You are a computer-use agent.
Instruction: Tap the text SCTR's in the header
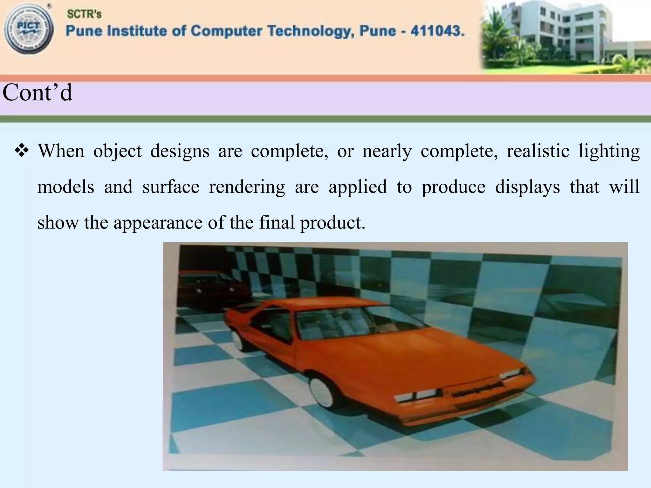[x=84, y=14]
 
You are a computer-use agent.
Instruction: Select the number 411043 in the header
[x=438, y=31]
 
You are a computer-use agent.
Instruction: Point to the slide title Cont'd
[x=38, y=92]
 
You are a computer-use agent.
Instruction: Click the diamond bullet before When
[x=22, y=151]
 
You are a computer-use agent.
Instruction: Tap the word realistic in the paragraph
[x=538, y=151]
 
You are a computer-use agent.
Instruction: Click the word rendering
[x=247, y=187]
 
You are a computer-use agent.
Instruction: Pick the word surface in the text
[x=171, y=187]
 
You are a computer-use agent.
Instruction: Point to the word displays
[x=527, y=187]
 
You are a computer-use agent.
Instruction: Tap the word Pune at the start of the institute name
[x=83, y=31]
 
